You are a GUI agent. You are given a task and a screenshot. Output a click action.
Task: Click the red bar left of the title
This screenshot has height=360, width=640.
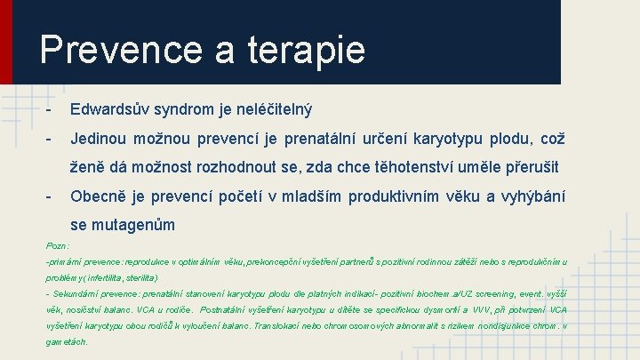(x=6, y=42)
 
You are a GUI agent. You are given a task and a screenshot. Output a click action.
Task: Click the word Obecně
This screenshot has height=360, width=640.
(x=100, y=196)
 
